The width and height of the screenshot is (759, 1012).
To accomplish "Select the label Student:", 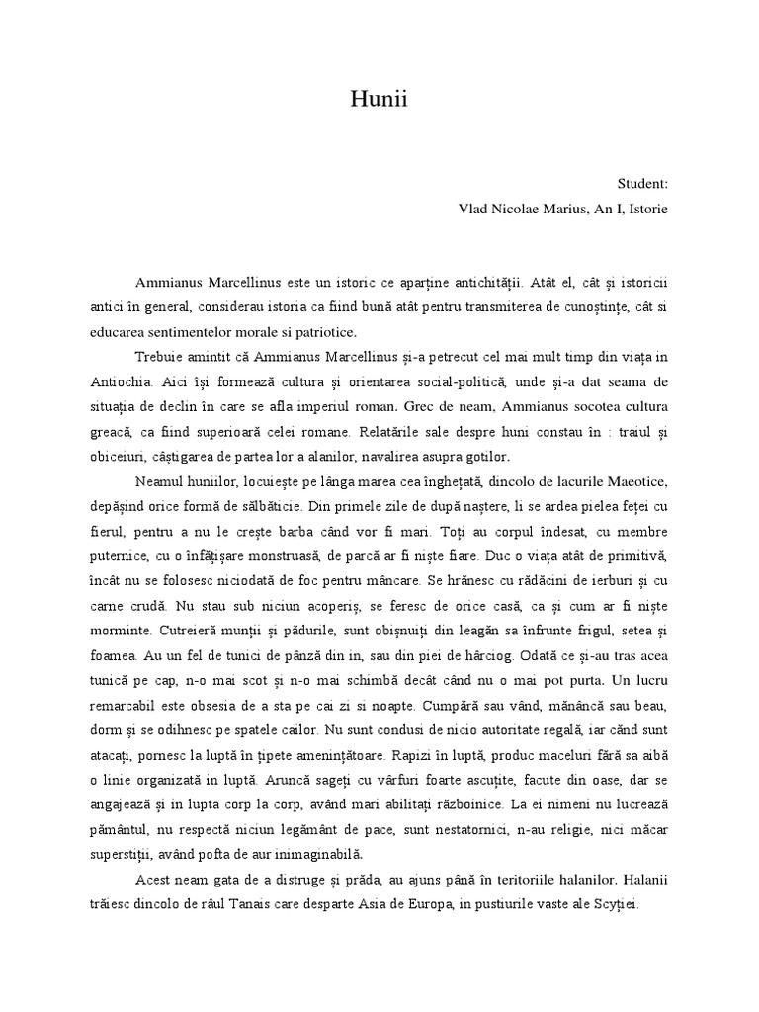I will click(642, 184).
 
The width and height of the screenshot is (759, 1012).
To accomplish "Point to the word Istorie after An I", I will click(646, 209).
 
